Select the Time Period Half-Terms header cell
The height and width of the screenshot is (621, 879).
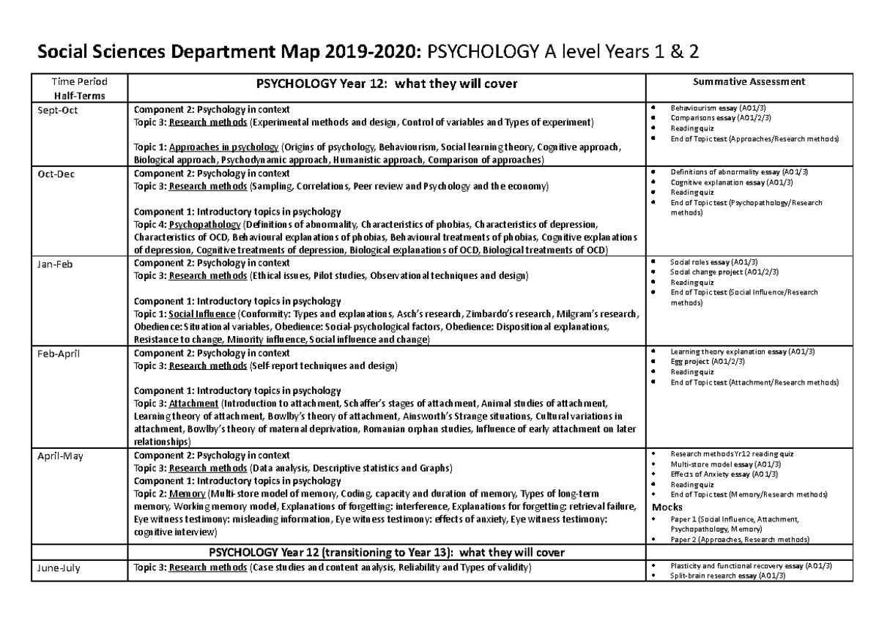tap(77, 88)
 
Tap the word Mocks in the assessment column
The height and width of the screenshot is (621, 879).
tap(667, 507)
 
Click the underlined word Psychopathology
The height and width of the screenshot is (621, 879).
tap(204, 224)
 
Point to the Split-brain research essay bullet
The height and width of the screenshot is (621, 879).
tap(728, 576)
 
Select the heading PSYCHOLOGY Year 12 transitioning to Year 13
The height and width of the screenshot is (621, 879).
tap(386, 551)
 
